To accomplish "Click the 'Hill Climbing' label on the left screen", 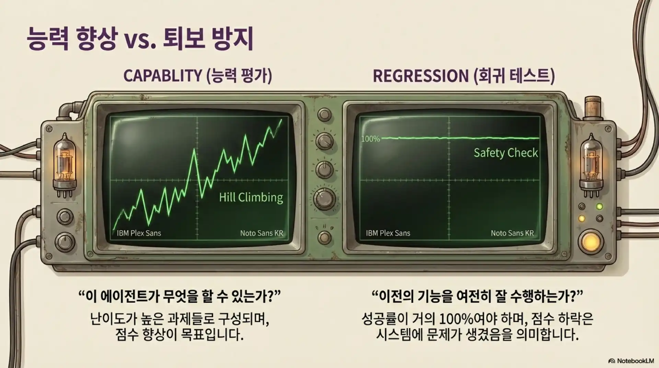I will tap(251, 197).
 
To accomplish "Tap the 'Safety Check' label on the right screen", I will tap(506, 153).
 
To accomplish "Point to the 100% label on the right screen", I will tap(370, 139).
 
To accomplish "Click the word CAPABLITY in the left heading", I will tap(163, 76).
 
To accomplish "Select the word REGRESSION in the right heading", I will tap(420, 76).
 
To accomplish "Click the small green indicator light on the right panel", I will tap(599, 207).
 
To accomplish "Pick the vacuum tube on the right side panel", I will tap(591, 165).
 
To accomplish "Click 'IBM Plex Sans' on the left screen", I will tap(139, 233).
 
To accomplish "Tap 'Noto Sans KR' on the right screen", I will tap(512, 233).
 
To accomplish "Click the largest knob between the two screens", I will tap(324, 198).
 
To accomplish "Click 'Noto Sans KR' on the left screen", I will tap(262, 233).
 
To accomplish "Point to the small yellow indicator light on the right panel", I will tap(581, 218).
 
